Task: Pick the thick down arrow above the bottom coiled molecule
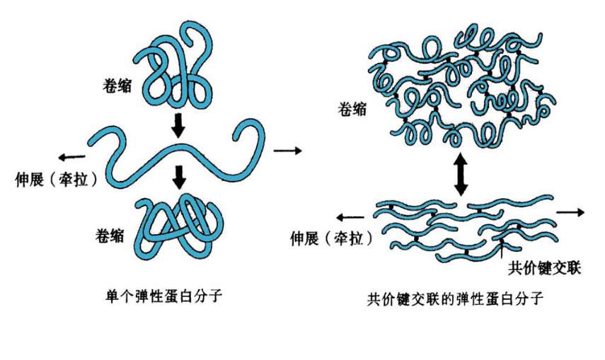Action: coord(180,178)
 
